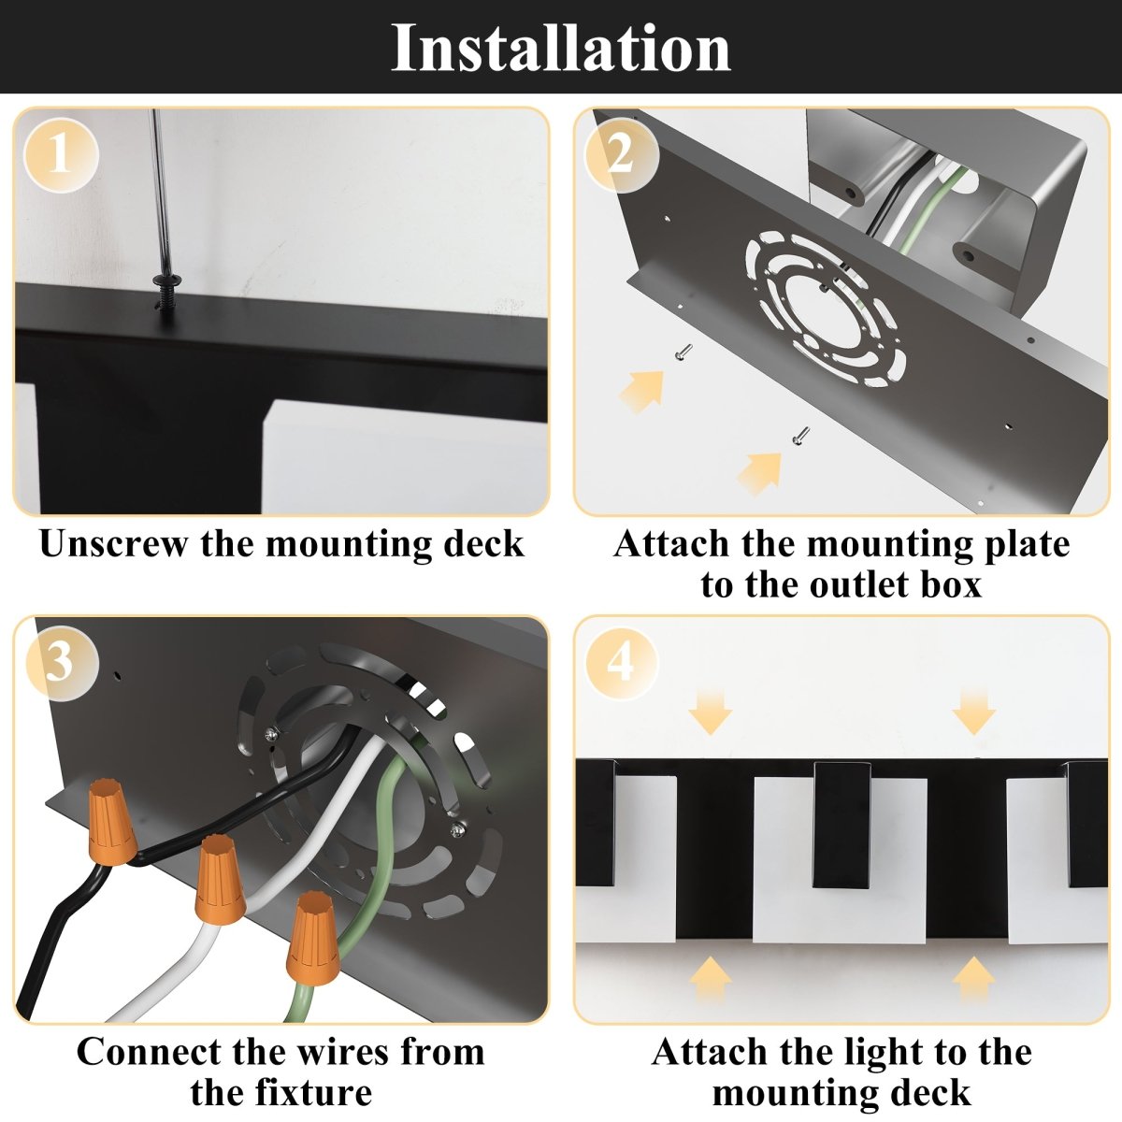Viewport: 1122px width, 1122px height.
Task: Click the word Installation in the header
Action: [x=561, y=48]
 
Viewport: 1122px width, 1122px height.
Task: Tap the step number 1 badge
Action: [x=61, y=155]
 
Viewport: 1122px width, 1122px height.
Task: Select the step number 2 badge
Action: [x=622, y=155]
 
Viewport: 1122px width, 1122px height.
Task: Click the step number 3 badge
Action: [x=61, y=664]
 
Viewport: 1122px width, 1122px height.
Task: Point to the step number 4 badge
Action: [x=622, y=664]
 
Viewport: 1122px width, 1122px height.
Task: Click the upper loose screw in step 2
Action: [x=683, y=352]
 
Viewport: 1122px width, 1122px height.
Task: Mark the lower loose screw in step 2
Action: [x=801, y=434]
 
